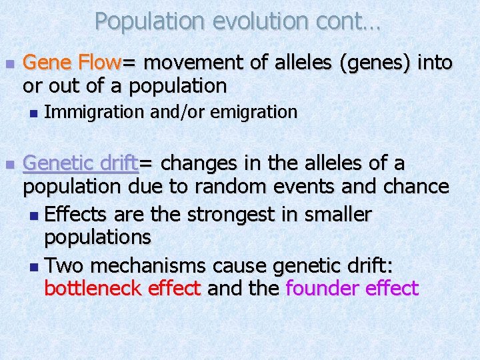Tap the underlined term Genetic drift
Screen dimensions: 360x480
click(x=81, y=163)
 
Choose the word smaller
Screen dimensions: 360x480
click(x=339, y=215)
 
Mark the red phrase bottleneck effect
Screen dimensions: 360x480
click(x=123, y=289)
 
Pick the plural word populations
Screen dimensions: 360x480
click(x=98, y=237)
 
